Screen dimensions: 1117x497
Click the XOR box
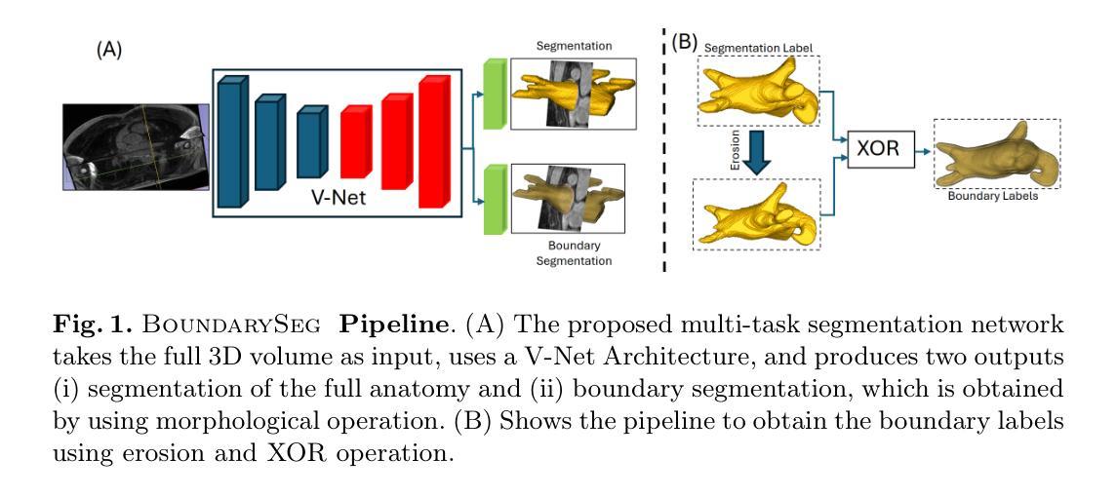tap(881, 149)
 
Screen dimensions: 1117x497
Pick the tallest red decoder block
tap(434, 141)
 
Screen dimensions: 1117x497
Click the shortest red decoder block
tap(356, 141)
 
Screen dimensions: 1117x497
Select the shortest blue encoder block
tap(312, 141)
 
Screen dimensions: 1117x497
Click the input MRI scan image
tap(136, 147)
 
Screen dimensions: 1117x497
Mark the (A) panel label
tap(109, 50)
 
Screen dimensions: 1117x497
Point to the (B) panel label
tap(685, 42)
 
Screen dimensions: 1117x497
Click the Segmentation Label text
tap(757, 48)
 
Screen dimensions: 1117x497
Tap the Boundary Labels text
tap(992, 196)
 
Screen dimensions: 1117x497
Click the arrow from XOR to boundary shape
tap(925, 150)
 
